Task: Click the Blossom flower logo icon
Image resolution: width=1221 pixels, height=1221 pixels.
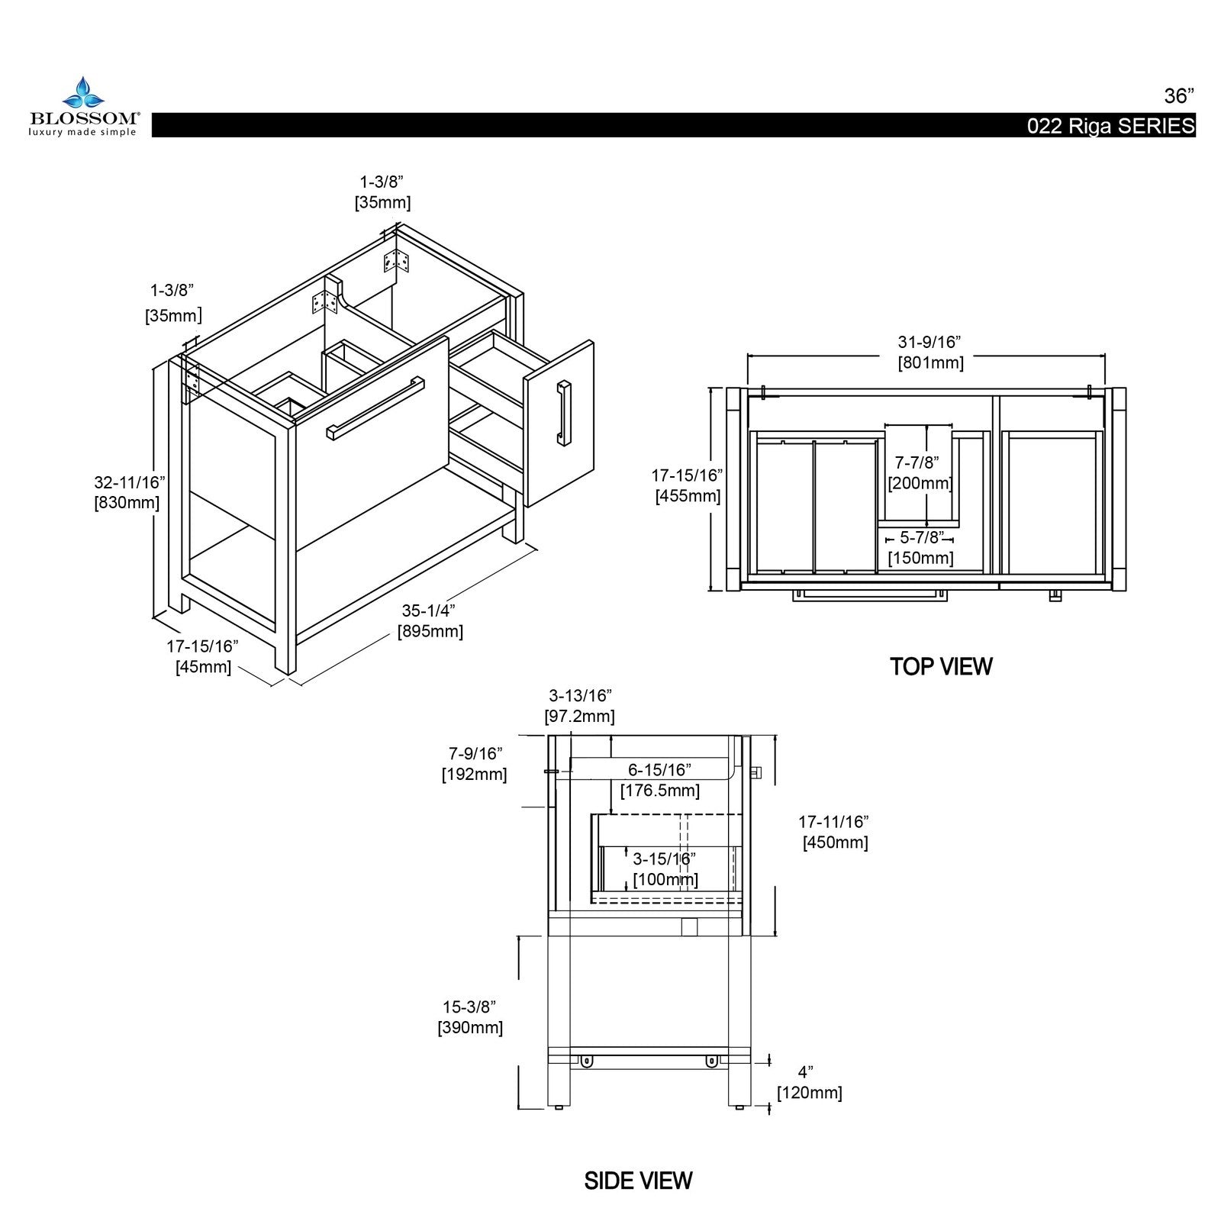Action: (82, 93)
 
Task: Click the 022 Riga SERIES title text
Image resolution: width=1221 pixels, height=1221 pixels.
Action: (1110, 127)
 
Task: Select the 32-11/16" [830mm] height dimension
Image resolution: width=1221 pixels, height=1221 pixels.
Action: (127, 493)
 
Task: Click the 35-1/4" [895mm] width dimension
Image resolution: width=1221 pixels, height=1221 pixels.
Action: (429, 621)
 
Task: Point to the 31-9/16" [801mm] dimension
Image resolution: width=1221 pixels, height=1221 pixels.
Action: (930, 353)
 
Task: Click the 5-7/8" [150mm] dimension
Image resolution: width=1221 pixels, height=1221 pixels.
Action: (920, 548)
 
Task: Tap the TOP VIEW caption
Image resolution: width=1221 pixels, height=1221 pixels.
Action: (940, 666)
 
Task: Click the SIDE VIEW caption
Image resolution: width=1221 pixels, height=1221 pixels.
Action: (638, 1181)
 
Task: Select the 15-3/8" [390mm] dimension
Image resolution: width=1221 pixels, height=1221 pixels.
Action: (470, 1017)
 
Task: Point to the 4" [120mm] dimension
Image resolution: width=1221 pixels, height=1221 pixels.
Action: (809, 1083)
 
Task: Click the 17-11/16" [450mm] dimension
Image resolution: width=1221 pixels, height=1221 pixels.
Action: (834, 833)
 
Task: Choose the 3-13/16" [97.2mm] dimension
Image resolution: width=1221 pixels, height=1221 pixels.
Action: (580, 706)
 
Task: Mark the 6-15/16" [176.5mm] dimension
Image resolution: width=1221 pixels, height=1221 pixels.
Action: (659, 780)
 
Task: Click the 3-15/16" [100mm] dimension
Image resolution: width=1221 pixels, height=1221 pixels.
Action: (665, 869)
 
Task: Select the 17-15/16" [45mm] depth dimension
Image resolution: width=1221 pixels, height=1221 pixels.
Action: (203, 656)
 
